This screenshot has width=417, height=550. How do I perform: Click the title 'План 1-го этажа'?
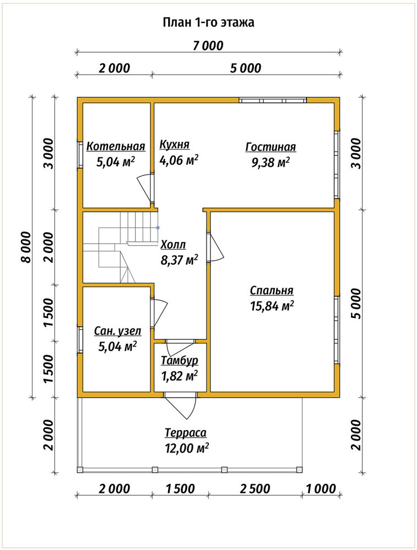tap(209, 23)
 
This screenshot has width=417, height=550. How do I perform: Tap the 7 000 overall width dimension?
tap(208, 46)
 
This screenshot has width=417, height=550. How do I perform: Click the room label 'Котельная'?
tap(115, 146)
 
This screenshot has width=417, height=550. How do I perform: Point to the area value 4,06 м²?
tap(179, 160)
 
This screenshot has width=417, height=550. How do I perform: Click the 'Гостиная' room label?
tap(270, 147)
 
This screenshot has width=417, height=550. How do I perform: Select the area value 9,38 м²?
tap(270, 162)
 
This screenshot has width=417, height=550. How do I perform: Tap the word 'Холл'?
tap(173, 245)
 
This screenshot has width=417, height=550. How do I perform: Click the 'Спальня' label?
tap(271, 291)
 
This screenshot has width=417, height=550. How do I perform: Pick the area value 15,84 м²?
tap(271, 306)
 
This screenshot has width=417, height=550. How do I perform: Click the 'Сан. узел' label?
tap(118, 331)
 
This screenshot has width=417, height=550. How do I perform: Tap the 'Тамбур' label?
tap(180, 360)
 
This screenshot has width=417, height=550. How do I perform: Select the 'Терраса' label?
tap(186, 433)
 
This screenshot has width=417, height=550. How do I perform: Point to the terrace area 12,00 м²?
tap(187, 448)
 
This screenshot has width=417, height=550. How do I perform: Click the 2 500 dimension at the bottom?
tap(255, 488)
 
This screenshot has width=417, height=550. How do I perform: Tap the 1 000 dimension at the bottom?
tap(321, 488)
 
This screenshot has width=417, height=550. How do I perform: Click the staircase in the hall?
tap(120, 247)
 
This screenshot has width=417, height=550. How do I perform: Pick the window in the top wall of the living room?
tap(273, 100)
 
